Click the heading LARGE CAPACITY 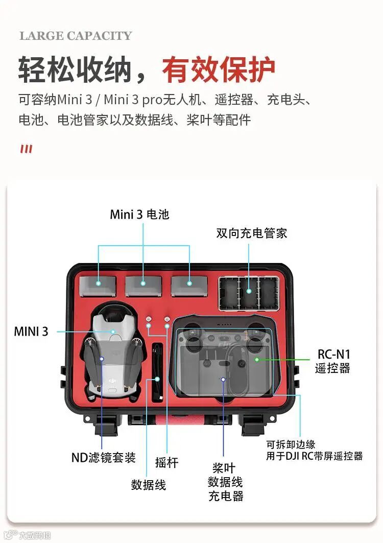[76, 36]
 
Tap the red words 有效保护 [219, 70]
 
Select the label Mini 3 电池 [139, 215]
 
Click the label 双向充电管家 [252, 233]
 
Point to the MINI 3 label [31, 332]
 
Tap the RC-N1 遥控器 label [333, 361]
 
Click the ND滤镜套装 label [103, 458]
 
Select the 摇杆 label [166, 462]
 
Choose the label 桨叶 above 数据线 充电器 [224, 468]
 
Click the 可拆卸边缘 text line [291, 444]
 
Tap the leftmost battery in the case [98, 287]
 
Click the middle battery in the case [143, 286]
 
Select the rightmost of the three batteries [189, 286]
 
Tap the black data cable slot [158, 372]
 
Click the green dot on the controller [257, 360]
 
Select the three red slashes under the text [27, 149]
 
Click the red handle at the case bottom [180, 421]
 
